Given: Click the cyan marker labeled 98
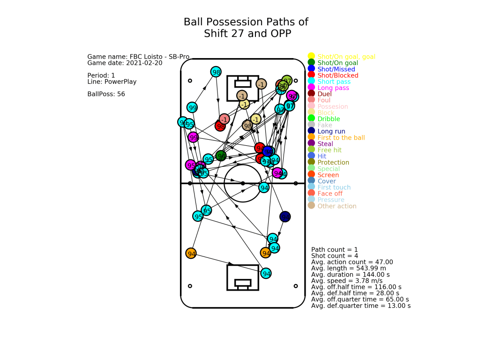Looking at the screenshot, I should pyautogui.click(x=216, y=72).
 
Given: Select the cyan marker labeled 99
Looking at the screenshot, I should pyautogui.click(x=192, y=107).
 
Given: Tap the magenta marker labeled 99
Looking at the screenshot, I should pyautogui.click(x=193, y=137).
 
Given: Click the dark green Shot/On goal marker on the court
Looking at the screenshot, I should pyautogui.click(x=221, y=156).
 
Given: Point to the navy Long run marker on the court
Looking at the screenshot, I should pyautogui.click(x=285, y=217).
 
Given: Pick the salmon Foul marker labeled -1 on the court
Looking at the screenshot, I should pyautogui.click(x=225, y=119).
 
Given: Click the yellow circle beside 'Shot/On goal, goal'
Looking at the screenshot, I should pyautogui.click(x=311, y=57).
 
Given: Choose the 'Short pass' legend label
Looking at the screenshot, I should pyautogui.click(x=333, y=82).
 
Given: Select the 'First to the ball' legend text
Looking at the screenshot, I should pyautogui.click(x=341, y=137).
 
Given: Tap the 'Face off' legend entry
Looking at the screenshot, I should pyautogui.click(x=330, y=194).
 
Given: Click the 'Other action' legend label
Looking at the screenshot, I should pyautogui.click(x=337, y=206).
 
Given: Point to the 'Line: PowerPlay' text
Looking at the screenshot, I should pyautogui.click(x=112, y=82).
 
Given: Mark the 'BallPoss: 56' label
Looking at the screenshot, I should pyautogui.click(x=106, y=94).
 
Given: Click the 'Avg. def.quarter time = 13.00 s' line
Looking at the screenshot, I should pyautogui.click(x=361, y=306).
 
